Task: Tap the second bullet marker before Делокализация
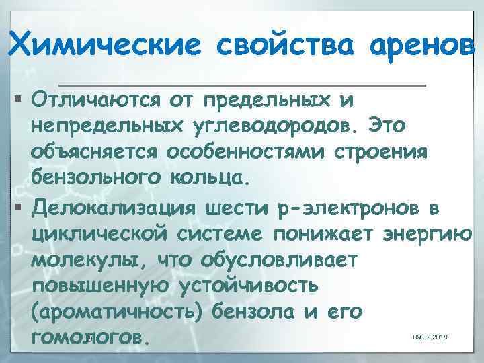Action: coord(17,210)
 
